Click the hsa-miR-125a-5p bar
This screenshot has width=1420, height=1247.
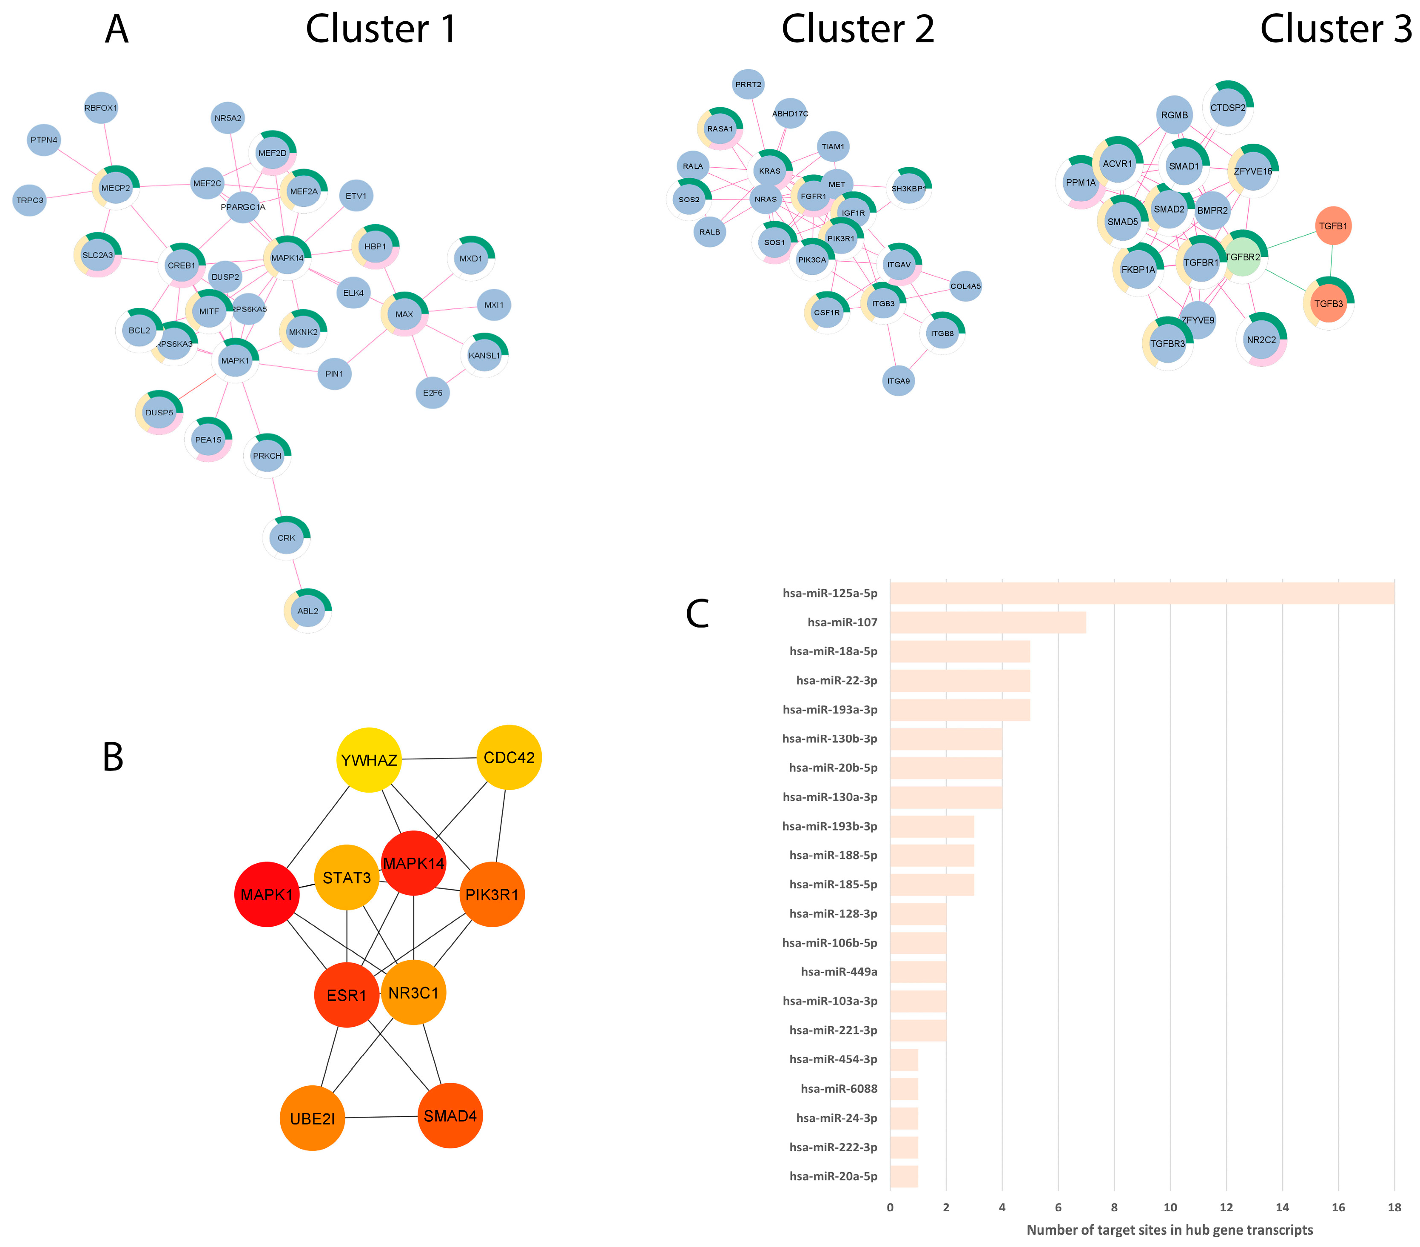1141,593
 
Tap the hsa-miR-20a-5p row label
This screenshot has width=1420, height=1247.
833,1176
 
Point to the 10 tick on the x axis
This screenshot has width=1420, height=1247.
1170,1207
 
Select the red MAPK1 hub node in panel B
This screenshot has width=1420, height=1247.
267,895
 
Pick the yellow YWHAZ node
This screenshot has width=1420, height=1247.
369,760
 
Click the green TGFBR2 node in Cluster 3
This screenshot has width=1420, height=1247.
1242,257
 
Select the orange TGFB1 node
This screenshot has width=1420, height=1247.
1332,226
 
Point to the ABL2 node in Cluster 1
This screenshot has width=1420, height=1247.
308,611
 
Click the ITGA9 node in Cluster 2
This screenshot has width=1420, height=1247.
898,381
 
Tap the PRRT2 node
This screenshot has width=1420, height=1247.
748,85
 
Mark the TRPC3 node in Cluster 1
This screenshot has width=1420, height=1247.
30,200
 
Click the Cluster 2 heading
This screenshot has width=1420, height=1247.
857,29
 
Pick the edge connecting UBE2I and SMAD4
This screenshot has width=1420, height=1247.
381,1117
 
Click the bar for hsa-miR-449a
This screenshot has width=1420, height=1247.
918,972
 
